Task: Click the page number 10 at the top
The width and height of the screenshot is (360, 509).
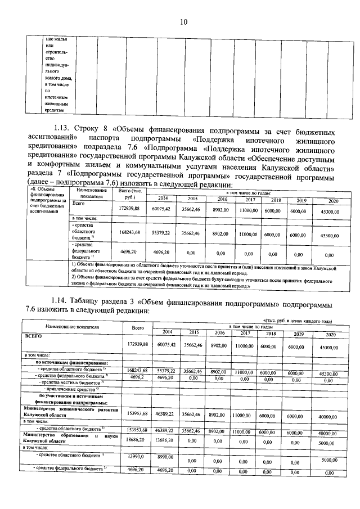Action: point(183,22)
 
